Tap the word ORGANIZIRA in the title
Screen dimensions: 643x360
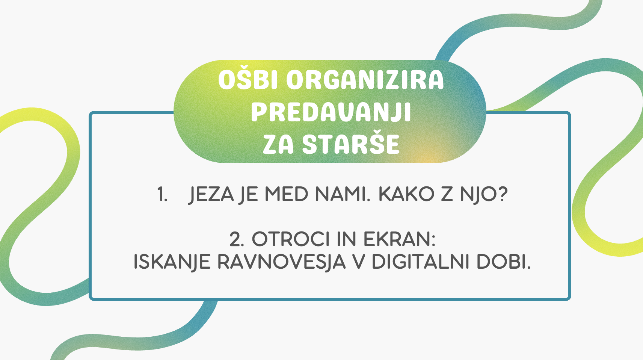coord(365,80)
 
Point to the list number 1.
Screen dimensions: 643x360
coord(163,195)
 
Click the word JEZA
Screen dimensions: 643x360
coord(211,195)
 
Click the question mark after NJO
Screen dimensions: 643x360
coord(501,194)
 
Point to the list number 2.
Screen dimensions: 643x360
coord(237,239)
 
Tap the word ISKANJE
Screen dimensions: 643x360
coord(172,262)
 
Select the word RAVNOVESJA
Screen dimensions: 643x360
coord(281,262)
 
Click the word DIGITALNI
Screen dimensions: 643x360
coord(421,262)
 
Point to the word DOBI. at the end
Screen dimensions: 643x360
coord(504,262)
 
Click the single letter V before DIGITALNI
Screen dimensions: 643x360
coord(358,262)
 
